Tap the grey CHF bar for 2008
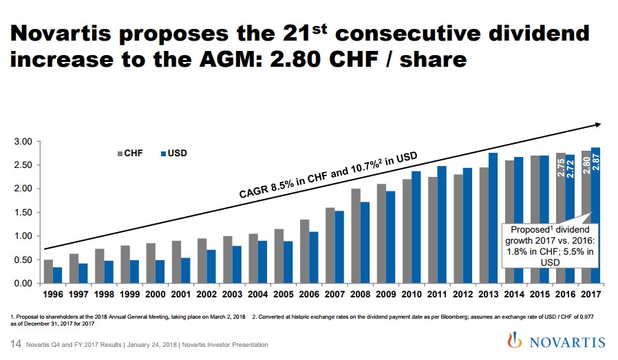356,235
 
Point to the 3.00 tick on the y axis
23,142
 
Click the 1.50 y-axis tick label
23,213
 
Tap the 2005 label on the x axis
283,295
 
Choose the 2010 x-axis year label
412,295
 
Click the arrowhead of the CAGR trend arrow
597,125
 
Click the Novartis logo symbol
510,341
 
